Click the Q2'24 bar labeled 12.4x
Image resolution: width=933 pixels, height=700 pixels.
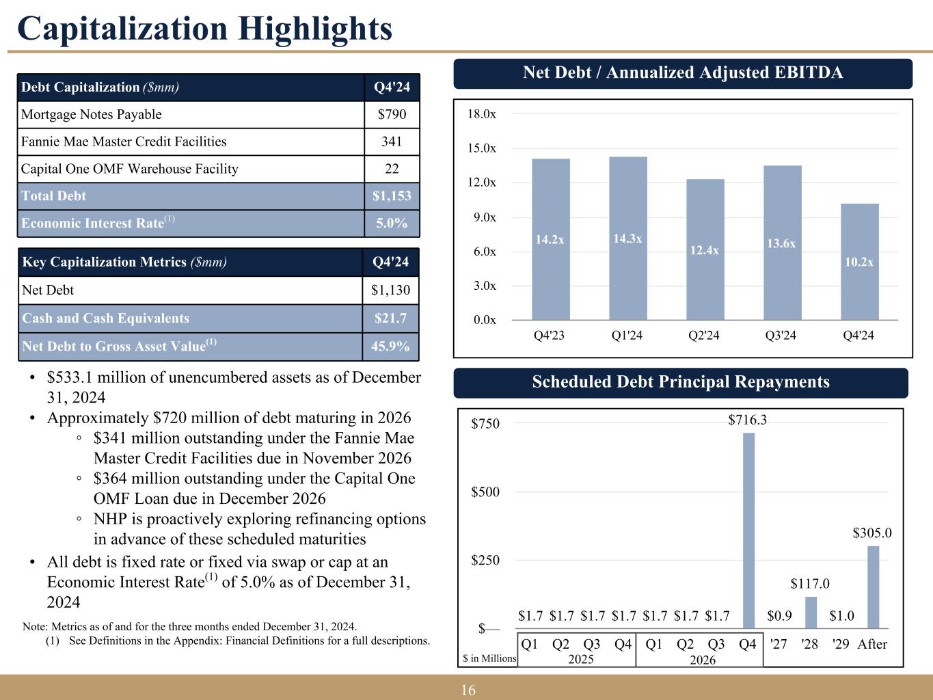[705, 250]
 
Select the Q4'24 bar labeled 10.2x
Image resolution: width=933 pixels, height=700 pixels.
[859, 262]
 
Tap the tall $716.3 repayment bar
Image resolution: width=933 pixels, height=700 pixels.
[748, 530]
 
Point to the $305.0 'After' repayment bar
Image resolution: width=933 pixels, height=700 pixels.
[873, 587]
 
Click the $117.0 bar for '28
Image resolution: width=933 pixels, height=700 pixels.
[811, 612]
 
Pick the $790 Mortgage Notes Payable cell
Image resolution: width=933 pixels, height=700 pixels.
[392, 115]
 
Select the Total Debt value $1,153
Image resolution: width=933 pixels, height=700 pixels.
[392, 196]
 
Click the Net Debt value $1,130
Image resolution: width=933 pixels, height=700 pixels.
[390, 291]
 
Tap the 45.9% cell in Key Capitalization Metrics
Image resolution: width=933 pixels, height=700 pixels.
[390, 347]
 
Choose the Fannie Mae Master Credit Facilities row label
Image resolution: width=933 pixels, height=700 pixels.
[124, 142]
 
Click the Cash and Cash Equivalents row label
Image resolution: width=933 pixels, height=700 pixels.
[106, 319]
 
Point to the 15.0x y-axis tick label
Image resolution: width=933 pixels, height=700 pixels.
[481, 148]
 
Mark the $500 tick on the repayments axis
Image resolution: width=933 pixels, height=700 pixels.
[485, 492]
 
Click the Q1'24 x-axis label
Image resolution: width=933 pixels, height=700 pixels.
[627, 336]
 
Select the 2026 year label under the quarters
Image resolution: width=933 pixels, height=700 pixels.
[702, 660]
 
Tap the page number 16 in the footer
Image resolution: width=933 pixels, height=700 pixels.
[468, 690]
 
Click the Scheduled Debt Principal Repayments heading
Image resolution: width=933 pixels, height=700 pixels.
[681, 382]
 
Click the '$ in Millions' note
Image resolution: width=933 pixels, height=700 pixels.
[489, 658]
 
